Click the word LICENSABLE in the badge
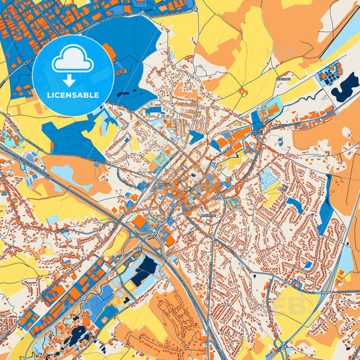point(72,95)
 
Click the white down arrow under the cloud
point(72,75)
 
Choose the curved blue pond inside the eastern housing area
point(294,205)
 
